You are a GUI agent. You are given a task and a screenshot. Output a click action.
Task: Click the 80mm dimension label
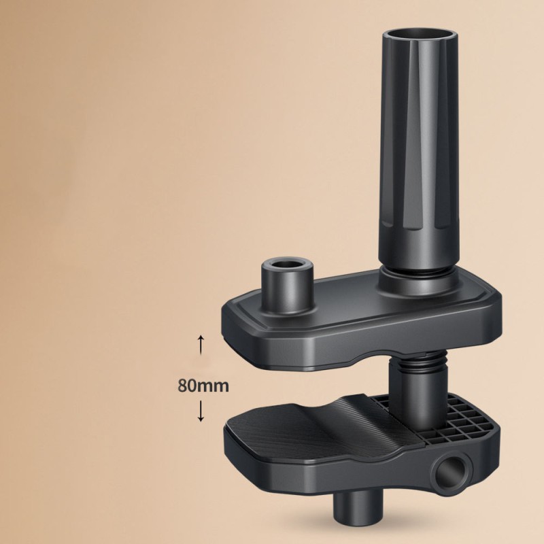[203, 384]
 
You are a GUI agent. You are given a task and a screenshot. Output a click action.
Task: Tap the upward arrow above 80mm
[201, 343]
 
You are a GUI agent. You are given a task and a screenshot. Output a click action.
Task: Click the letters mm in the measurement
[216, 384]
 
